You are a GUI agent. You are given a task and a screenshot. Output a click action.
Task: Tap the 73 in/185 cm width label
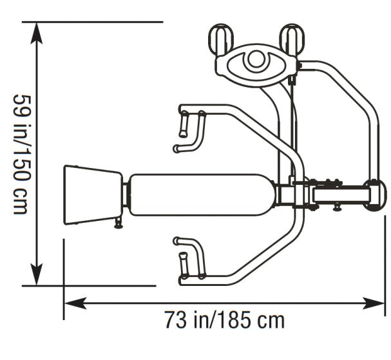point(224,319)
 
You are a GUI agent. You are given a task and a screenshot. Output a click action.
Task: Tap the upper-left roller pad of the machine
point(220,39)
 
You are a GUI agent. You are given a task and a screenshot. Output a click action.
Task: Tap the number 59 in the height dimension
point(20,106)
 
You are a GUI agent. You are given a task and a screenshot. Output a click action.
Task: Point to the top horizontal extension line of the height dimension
point(97,22)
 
